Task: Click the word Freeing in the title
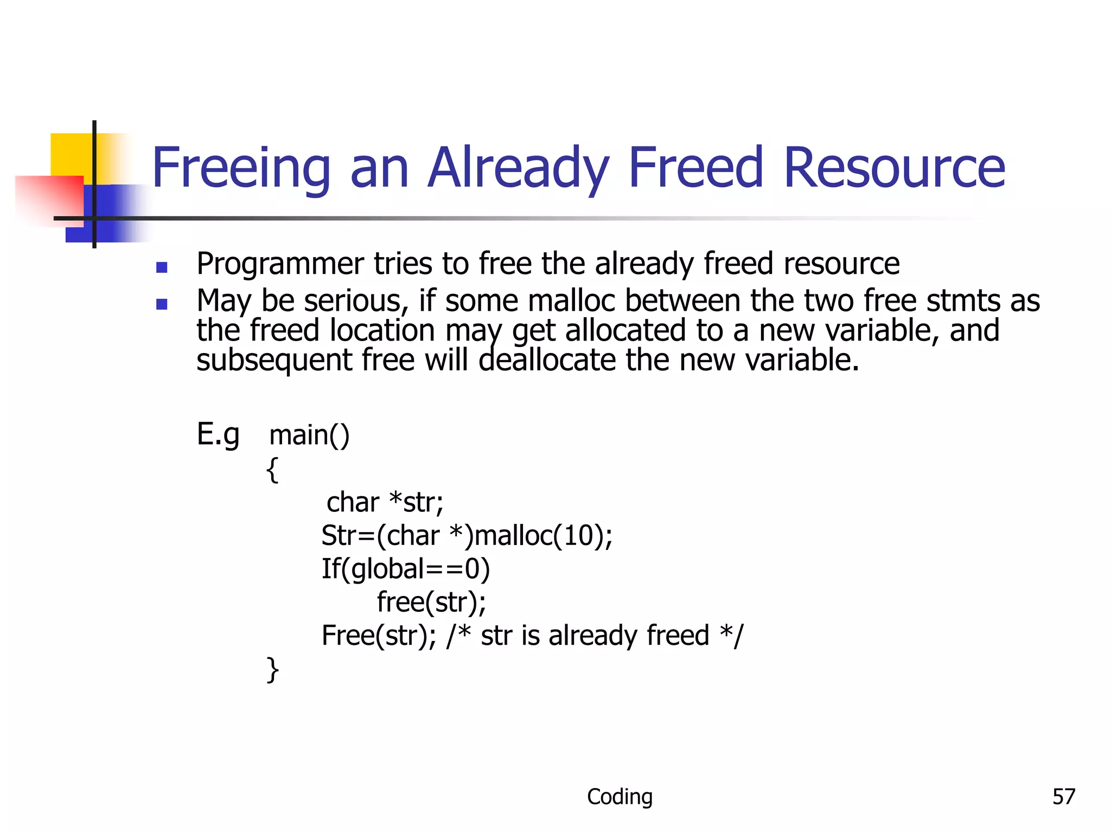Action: pos(241,168)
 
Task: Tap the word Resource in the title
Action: pos(894,168)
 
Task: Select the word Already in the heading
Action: pos(519,168)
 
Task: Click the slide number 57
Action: pos(1063,797)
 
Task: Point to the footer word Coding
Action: pos(620,797)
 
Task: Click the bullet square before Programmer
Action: pos(162,267)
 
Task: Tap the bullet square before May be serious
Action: pos(162,304)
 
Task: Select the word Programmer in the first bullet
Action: pos(280,264)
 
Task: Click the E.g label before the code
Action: pos(218,434)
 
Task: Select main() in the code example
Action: pos(309,435)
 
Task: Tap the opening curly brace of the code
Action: pos(272,469)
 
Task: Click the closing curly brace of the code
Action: pos(272,669)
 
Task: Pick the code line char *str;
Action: pos(385,502)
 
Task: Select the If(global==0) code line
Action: pos(406,569)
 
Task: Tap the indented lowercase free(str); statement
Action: pos(431,602)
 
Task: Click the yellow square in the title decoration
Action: pos(71,155)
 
